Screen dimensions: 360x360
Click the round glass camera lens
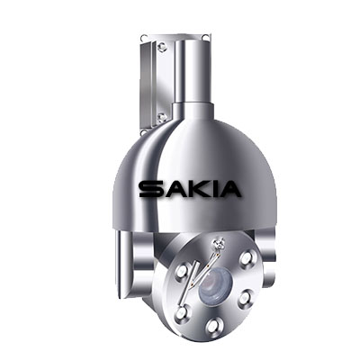(214, 283)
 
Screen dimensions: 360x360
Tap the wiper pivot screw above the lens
(220, 243)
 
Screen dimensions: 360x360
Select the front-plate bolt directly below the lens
(215, 325)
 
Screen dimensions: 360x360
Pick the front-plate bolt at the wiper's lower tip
(182, 312)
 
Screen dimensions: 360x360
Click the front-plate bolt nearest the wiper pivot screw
(247, 257)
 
